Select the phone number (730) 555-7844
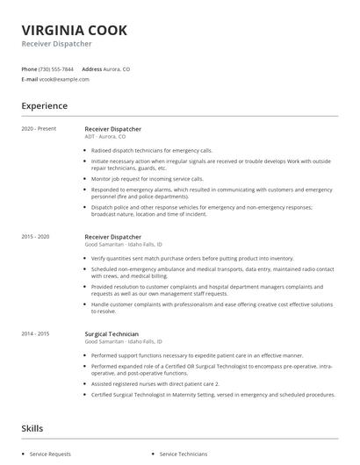tap(57, 68)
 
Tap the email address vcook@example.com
tap(64, 79)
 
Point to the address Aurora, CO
tap(117, 68)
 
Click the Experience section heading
tap(44, 106)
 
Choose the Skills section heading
tap(33, 428)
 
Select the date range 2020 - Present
tap(38, 129)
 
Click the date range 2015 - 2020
tap(36, 237)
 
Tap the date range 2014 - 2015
tap(36, 333)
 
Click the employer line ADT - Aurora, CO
tap(104, 137)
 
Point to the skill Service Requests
tap(51, 454)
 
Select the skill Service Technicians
tap(184, 454)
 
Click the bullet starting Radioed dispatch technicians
tap(153, 150)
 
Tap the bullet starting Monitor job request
tap(147, 178)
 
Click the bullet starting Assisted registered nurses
tap(155, 383)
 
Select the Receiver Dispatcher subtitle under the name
tap(57, 44)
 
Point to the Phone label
tap(29, 68)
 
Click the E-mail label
tap(29, 79)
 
